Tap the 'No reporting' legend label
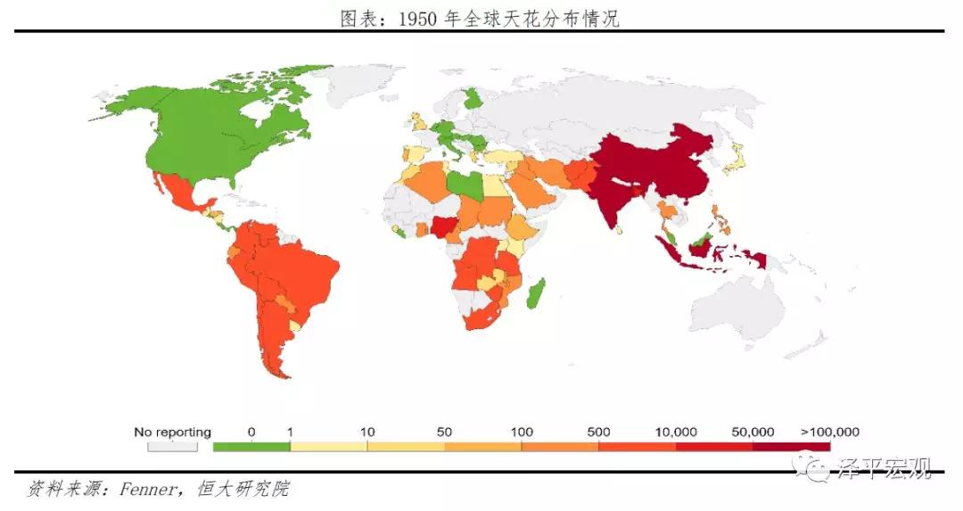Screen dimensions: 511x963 click(172, 433)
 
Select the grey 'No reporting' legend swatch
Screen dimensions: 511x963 click(172, 446)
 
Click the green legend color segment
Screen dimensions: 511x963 click(251, 446)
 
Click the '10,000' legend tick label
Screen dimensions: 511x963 click(676, 433)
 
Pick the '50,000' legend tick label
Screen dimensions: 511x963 click(753, 433)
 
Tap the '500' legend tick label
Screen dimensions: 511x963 click(598, 433)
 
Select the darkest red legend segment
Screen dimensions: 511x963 click(791, 446)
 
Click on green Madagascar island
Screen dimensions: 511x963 click(537, 293)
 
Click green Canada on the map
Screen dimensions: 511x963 click(214, 125)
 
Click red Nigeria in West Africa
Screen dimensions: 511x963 click(443, 227)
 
